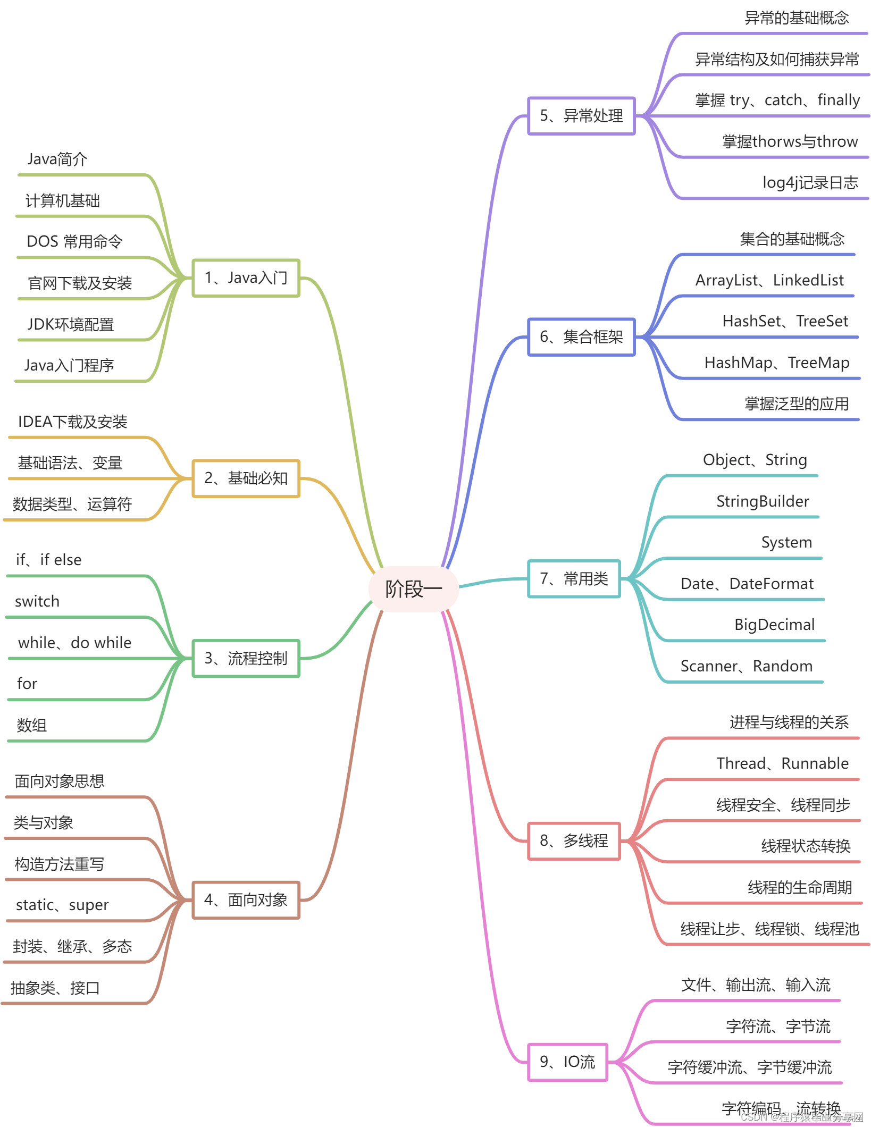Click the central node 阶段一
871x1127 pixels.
[x=413, y=589]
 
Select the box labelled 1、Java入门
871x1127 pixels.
[x=246, y=277]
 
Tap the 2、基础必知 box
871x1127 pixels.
[x=246, y=478]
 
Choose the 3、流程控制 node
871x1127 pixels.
[x=246, y=658]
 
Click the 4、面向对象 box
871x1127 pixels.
[x=246, y=899]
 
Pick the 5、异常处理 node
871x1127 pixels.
[x=581, y=115]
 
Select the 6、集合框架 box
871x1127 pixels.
[x=581, y=337]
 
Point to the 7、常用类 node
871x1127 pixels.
[x=574, y=578]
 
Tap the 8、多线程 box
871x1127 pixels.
[x=574, y=840]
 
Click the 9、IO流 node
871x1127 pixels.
[x=567, y=1062]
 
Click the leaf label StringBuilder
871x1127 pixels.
[x=762, y=501]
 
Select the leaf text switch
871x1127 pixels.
[x=37, y=601]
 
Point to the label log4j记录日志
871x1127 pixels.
[x=810, y=182]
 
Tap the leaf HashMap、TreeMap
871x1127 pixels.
[x=776, y=363]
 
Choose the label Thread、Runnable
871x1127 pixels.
[x=782, y=763]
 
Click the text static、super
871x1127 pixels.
[x=62, y=905]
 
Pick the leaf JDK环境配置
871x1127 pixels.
[x=71, y=324]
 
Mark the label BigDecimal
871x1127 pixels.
[x=774, y=625]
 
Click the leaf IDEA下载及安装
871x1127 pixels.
[x=73, y=422]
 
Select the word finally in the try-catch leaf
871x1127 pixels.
[x=839, y=100]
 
